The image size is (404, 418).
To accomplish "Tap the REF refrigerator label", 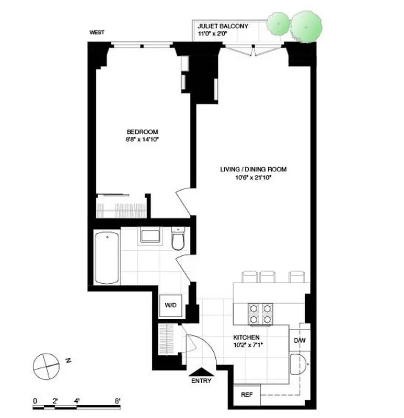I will [246, 394].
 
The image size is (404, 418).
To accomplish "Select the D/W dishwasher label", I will [299, 341].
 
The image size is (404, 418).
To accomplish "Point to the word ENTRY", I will [201, 381].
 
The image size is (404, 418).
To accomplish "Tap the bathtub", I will [107, 258].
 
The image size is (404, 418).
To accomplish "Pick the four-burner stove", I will [260, 312].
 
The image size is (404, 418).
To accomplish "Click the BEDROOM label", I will [142, 132].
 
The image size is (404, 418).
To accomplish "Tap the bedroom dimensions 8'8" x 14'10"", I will [142, 140].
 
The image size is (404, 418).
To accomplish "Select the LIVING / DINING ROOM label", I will [253, 169].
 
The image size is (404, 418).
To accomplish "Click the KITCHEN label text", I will [247, 338].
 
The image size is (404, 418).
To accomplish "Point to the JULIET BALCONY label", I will [223, 26].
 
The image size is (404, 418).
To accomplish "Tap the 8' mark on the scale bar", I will [118, 401].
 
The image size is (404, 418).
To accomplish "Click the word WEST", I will [97, 32].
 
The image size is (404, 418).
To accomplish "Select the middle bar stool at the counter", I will [268, 276].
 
